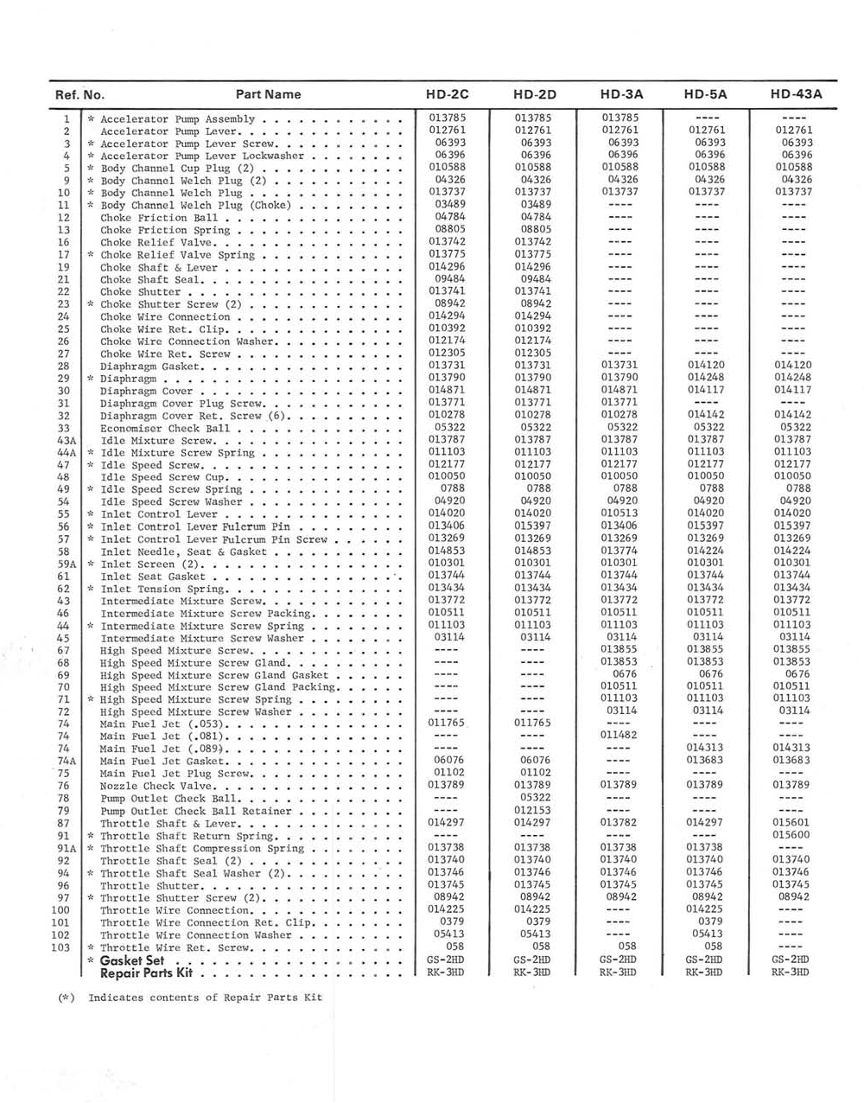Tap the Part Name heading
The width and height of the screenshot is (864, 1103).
(268, 94)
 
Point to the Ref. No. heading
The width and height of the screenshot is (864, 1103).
(79, 95)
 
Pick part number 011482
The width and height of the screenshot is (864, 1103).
(619, 735)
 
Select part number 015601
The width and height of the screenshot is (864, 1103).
(792, 822)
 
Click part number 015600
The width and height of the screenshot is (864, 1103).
(792, 835)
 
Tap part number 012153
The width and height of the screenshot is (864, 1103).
(533, 810)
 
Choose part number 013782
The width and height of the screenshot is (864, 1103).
(619, 822)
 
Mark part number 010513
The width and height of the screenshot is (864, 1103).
(619, 513)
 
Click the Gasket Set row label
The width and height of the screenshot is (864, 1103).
(131, 960)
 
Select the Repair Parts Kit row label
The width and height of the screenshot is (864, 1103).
(146, 972)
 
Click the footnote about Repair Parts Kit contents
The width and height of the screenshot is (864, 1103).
(190, 998)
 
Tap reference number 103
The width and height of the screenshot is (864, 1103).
(60, 947)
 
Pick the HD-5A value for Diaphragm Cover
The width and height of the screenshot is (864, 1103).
(706, 390)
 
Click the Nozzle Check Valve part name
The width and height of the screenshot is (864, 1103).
(156, 787)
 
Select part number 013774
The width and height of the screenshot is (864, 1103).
(619, 550)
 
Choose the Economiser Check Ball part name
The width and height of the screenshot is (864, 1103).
(165, 428)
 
